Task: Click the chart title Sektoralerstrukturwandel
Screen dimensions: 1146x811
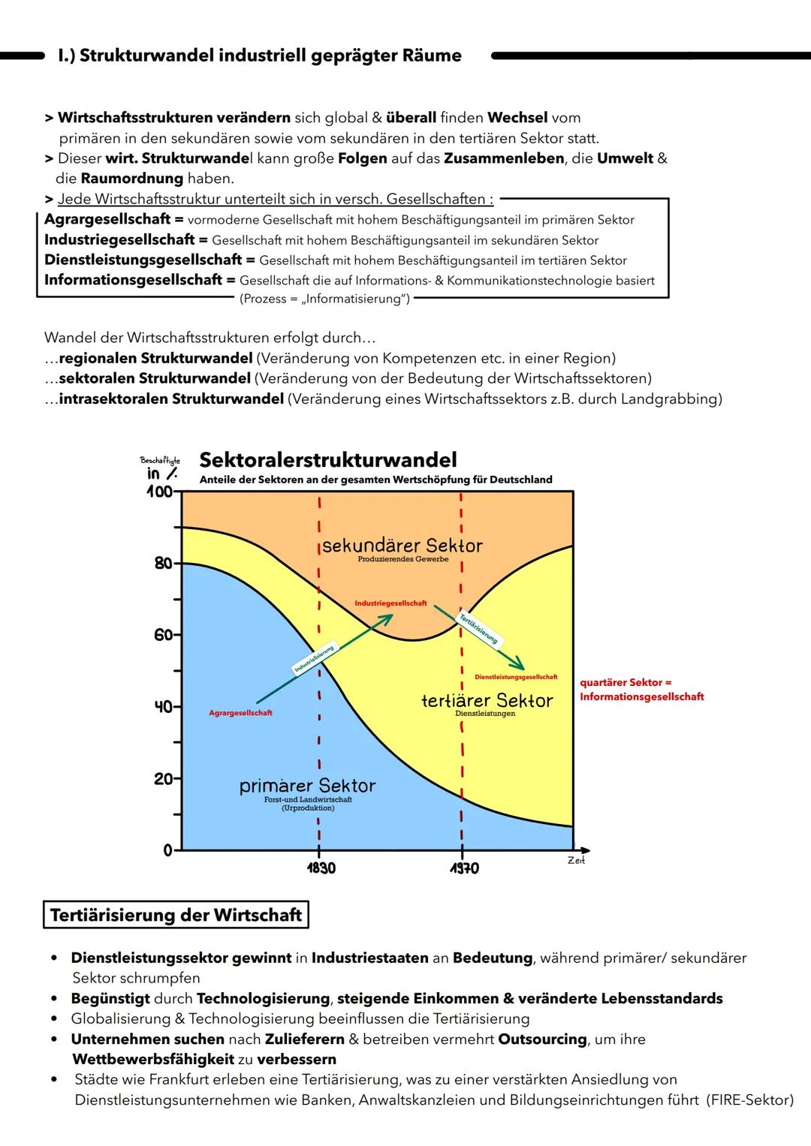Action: point(327,460)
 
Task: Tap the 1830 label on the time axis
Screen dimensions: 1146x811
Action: point(321,868)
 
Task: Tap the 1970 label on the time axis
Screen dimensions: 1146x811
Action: point(463,868)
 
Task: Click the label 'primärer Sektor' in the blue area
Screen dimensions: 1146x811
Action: point(307,786)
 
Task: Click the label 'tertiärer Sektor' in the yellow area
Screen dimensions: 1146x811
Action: point(487,701)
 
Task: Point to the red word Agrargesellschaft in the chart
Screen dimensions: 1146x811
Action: point(240,713)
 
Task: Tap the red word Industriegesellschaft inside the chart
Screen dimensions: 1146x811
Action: point(390,603)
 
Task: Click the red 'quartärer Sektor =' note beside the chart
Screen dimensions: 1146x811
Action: point(626,683)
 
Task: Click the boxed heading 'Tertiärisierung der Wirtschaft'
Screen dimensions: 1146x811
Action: point(176,916)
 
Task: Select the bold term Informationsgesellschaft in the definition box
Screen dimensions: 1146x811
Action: point(134,280)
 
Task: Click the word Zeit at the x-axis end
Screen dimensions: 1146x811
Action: point(576,861)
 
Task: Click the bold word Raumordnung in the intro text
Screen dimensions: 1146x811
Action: point(131,179)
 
